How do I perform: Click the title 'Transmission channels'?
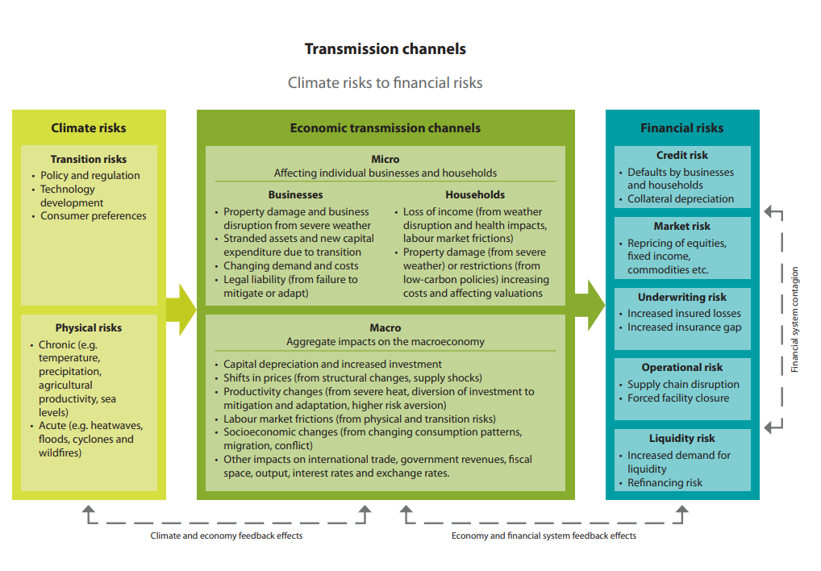tap(385, 49)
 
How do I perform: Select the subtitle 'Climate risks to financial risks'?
tap(385, 82)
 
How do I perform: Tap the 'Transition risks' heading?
tap(89, 160)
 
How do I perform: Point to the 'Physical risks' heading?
tap(89, 328)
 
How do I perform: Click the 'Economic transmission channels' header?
tap(385, 127)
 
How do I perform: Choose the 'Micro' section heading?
tap(385, 159)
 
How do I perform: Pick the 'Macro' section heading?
tap(385, 328)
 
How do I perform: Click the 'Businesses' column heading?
tap(295, 194)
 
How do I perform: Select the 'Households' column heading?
tap(475, 194)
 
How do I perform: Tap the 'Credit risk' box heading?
tap(681, 155)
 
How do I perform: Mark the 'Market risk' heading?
tap(681, 227)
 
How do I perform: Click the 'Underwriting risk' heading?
tap(681, 298)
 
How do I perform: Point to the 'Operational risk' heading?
tap(681, 368)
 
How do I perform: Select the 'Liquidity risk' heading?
tap(681, 439)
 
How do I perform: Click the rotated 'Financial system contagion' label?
tap(794, 319)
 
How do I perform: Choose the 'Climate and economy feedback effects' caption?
tap(227, 536)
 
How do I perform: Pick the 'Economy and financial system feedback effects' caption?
tap(544, 536)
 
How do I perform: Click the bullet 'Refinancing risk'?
tap(665, 483)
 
